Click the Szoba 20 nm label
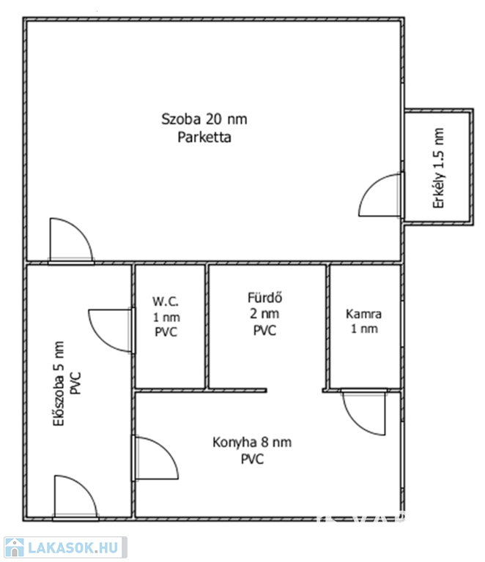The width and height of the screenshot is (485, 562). pos(204,119)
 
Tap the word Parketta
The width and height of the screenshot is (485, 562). pos(204,138)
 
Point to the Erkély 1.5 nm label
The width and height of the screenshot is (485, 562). pos(438,168)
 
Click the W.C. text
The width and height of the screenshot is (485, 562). pos(166,301)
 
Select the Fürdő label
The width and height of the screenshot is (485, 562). pos(264,298)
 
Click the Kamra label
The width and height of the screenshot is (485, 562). pos(363,314)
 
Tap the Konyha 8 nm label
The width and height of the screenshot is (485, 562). pos(252,442)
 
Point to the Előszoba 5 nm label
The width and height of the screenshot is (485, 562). pos(59,383)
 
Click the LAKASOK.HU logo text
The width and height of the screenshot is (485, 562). pos(73,547)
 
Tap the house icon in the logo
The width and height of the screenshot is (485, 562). pos(15,547)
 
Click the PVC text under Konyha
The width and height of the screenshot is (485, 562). pos(252,459)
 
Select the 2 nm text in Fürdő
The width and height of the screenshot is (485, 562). pos(264,314)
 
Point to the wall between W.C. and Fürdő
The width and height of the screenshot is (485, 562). pos(207,327)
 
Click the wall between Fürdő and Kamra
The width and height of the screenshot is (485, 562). pos(328,327)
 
